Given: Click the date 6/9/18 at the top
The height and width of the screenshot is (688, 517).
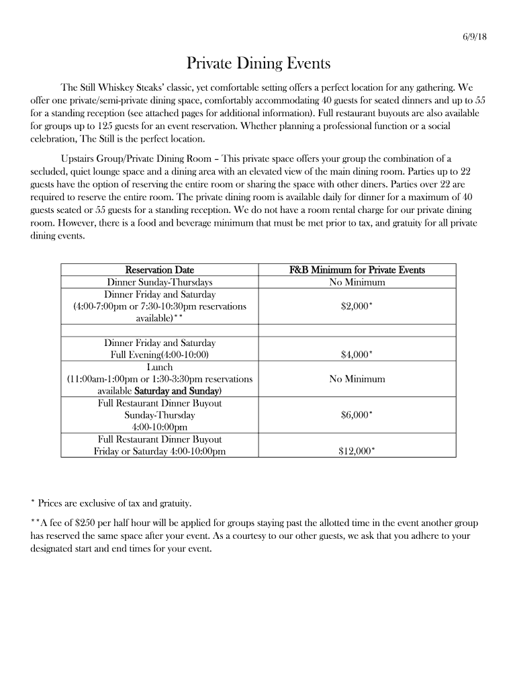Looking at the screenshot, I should tap(475, 37).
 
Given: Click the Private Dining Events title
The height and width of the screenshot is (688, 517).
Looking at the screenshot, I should tap(258, 64).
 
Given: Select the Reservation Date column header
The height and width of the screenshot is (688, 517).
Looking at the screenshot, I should tap(160, 270).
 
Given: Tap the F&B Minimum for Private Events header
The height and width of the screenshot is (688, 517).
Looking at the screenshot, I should tap(357, 270).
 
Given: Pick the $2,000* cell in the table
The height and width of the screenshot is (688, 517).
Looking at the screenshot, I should tap(357, 306).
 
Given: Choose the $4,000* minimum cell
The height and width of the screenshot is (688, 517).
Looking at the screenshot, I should tap(357, 355).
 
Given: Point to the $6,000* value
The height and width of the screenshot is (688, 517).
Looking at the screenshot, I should tap(357, 415).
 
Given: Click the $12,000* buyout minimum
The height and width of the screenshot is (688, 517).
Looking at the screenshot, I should tap(357, 451).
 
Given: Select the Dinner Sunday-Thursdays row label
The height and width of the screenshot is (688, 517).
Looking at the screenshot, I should tap(160, 282).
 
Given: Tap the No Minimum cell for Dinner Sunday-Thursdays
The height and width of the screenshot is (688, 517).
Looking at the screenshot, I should tap(357, 282).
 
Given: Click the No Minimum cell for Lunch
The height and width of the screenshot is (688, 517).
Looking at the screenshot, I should tap(357, 379).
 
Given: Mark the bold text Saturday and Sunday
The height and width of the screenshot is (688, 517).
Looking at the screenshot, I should tap(178, 391).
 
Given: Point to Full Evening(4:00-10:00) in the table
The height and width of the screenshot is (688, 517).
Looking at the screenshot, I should tap(160, 355).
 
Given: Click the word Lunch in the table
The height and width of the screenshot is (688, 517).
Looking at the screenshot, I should tap(160, 367).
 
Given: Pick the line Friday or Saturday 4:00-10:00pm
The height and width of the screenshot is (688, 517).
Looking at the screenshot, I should tap(160, 451).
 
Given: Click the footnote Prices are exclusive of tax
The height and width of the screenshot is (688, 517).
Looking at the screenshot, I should tap(114, 503).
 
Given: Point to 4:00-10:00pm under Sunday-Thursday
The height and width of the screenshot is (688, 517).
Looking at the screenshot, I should tap(160, 427).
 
